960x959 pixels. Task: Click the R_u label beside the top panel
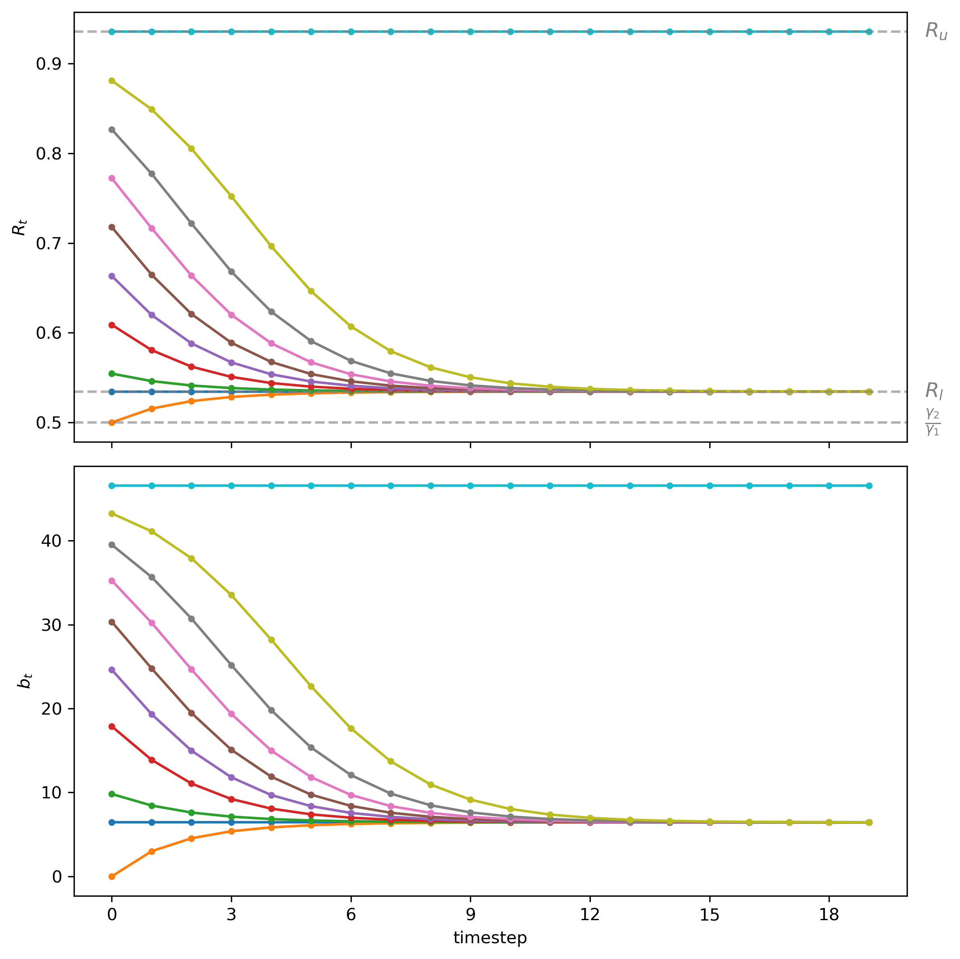click(936, 31)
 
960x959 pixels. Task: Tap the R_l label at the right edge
click(934, 391)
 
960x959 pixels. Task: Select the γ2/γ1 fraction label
click(933, 422)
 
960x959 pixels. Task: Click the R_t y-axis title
click(19, 227)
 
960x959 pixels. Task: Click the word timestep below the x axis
click(490, 938)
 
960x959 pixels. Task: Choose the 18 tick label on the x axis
click(829, 914)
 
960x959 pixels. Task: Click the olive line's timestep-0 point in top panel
click(112, 81)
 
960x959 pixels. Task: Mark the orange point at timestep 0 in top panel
click(112, 422)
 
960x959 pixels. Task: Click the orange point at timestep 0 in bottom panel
click(112, 876)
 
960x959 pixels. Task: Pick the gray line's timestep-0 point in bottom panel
click(112, 545)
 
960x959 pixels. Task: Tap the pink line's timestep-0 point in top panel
click(112, 178)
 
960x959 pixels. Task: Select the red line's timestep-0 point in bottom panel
click(112, 726)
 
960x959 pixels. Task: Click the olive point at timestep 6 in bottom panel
click(351, 728)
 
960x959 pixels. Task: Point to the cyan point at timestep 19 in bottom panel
click(869, 486)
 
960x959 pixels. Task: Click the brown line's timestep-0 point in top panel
click(112, 227)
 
